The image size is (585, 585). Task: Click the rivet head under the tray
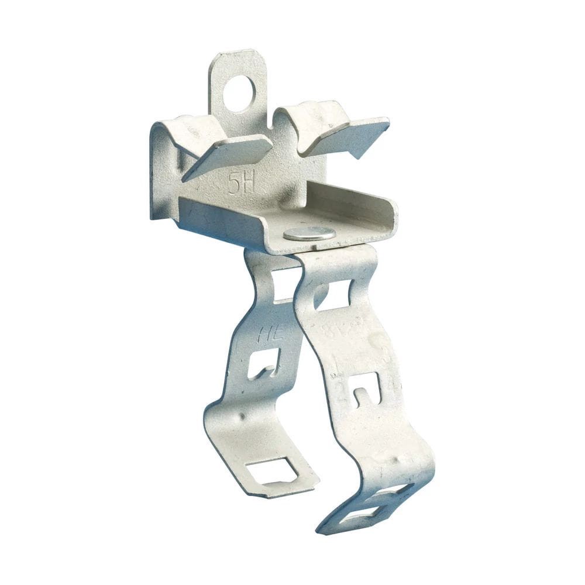pos(309,233)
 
